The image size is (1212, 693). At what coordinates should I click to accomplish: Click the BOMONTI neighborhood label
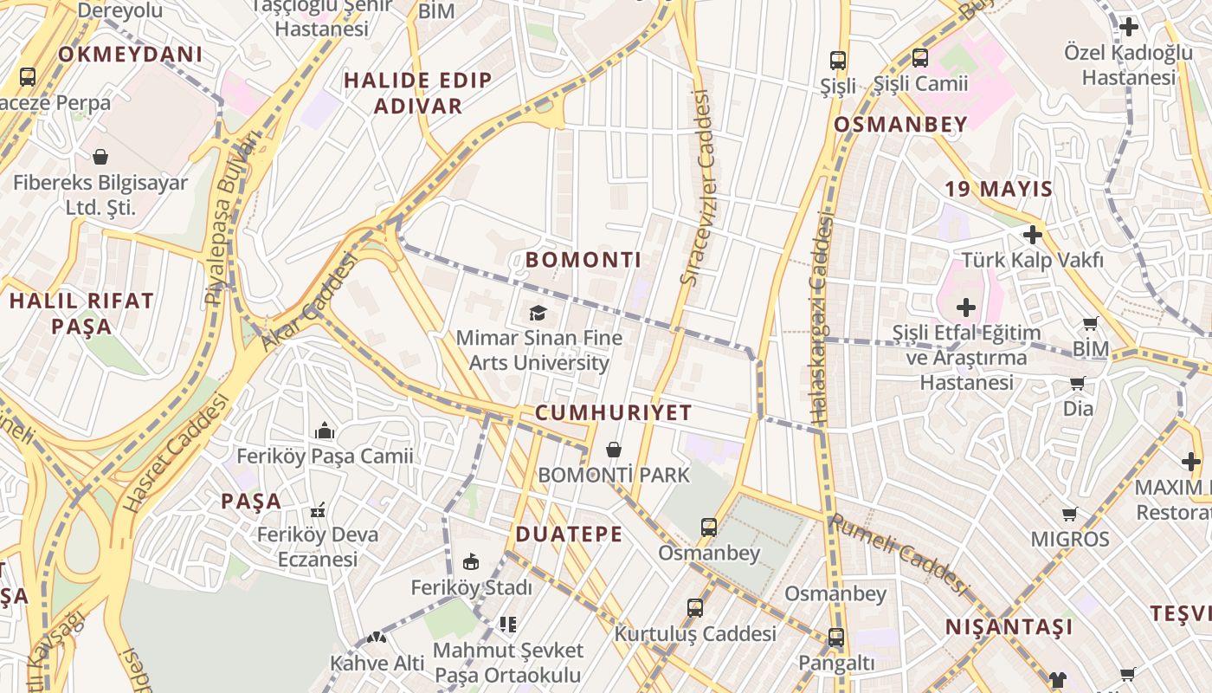[583, 260]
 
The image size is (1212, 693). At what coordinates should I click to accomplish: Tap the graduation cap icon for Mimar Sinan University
[538, 312]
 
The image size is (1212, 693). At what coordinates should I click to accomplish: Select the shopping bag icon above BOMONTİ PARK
[614, 450]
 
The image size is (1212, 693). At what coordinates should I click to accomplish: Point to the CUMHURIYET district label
[614, 412]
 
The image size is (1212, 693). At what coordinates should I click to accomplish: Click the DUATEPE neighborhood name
[569, 534]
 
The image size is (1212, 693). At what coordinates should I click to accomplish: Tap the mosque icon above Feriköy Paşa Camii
[325, 431]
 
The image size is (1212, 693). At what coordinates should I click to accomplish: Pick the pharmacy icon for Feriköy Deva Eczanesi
[318, 509]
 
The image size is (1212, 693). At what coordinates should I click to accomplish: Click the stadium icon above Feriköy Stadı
[471, 562]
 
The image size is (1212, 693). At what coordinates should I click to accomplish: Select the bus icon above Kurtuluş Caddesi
[695, 608]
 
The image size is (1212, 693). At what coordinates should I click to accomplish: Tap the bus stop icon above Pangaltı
[835, 638]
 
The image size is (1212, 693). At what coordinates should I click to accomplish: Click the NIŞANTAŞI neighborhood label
[1009, 626]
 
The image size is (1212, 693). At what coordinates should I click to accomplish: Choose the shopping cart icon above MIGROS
[1070, 514]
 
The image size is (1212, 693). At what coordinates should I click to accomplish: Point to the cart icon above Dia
[1078, 383]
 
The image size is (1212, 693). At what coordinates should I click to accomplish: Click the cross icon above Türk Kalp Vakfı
[1032, 234]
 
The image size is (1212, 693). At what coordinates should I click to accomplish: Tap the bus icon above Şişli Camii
[919, 59]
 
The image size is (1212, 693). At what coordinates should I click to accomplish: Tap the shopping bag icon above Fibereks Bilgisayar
[100, 158]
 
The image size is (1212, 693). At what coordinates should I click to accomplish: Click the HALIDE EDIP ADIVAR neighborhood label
[418, 93]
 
